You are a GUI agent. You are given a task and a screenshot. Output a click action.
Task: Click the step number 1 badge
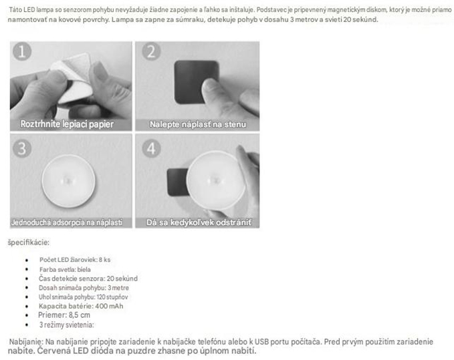coord(22,51)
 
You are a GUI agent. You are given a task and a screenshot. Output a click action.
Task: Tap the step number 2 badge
coord(151,51)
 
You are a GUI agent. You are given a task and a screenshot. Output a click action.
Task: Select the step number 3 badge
coord(22,148)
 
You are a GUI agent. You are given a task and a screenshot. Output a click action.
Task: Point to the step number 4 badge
coord(151,148)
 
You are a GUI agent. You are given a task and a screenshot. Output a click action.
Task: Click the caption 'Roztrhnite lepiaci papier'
coord(67,124)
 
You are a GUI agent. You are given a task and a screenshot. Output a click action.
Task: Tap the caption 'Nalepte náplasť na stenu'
coord(198,124)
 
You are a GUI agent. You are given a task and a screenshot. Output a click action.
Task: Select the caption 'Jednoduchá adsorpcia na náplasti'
coord(67,222)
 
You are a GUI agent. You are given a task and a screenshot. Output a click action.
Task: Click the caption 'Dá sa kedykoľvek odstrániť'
coord(199,222)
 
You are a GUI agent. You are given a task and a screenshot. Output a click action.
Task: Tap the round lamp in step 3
coord(68,181)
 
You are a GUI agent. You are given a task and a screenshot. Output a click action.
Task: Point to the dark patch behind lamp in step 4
coord(177,182)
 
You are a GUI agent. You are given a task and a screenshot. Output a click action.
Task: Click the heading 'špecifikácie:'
coord(28,242)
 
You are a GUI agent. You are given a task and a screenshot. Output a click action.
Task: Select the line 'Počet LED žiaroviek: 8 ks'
coord(75,260)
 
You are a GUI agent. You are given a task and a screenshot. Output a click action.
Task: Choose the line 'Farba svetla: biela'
coord(65,269)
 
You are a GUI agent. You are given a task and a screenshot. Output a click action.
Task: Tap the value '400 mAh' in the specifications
coord(109,306)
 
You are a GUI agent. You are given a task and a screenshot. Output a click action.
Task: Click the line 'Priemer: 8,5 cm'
coord(64,315)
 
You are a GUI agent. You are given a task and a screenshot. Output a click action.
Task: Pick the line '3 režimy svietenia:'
coord(67,325)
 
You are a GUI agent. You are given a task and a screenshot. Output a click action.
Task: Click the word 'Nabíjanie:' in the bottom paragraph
coord(26,342)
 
